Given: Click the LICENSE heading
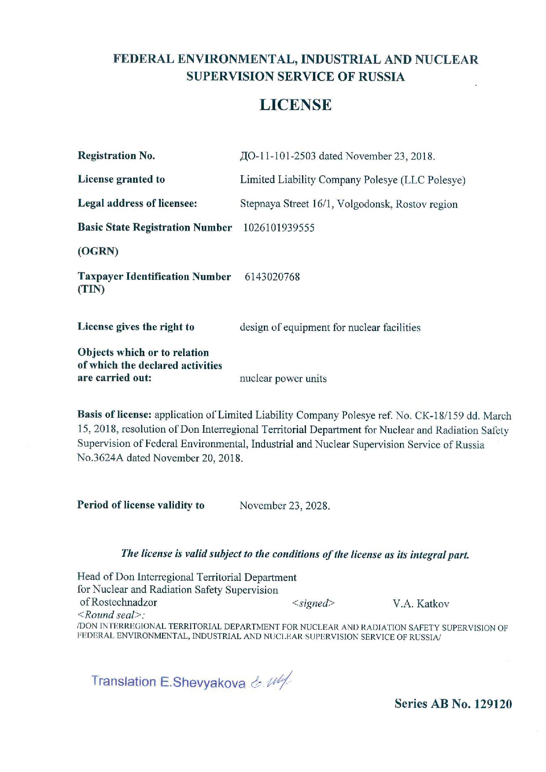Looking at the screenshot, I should (295, 105).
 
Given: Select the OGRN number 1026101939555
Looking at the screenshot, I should (279, 228).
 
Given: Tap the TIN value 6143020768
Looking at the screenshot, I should (272, 277).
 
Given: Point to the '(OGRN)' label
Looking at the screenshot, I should (98, 251).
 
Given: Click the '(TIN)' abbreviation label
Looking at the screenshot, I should (91, 290).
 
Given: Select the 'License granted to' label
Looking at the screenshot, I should (121, 179).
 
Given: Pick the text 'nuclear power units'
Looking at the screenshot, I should (283, 379).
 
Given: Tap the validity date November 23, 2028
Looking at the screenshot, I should (284, 506).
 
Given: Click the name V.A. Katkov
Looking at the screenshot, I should (421, 604).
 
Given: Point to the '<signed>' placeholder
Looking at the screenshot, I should (313, 603).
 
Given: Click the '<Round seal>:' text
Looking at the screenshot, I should (111, 615).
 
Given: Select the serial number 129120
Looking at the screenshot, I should (493, 704).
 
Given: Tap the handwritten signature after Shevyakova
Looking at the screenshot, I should (271, 681).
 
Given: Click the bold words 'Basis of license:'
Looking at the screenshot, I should (114, 415).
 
